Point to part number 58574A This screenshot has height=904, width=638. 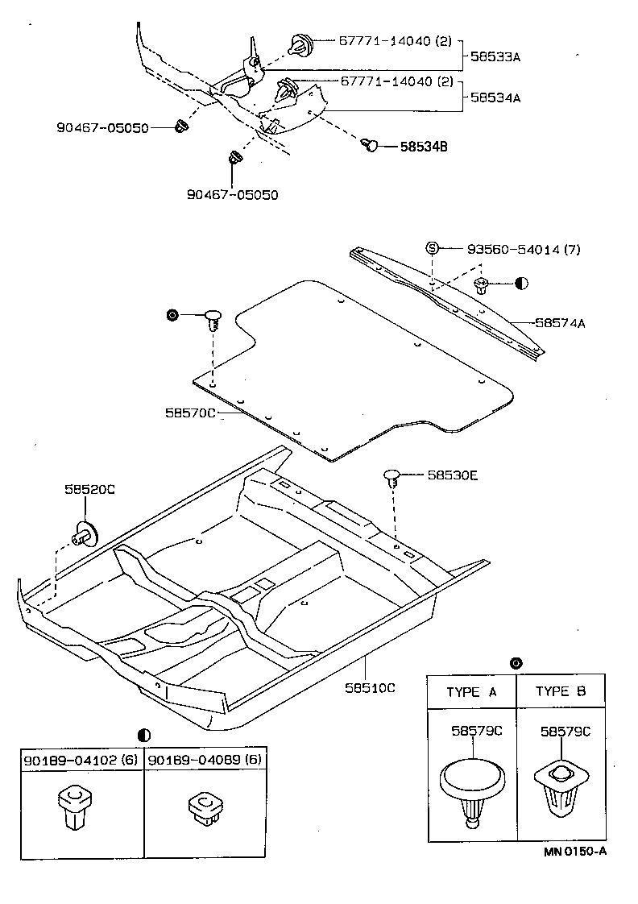point(560,323)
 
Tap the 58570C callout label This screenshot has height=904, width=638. point(191,412)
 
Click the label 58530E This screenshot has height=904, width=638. point(453,476)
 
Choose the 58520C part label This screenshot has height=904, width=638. point(85,489)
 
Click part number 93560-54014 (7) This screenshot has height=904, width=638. point(523,249)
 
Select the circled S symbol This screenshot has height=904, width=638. point(432,248)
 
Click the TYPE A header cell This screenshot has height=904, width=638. point(471,692)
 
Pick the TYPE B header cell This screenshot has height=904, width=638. point(561,692)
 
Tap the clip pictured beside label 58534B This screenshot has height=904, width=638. point(370,145)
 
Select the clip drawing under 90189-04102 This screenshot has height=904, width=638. point(74,807)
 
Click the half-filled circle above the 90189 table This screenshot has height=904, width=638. point(144,734)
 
